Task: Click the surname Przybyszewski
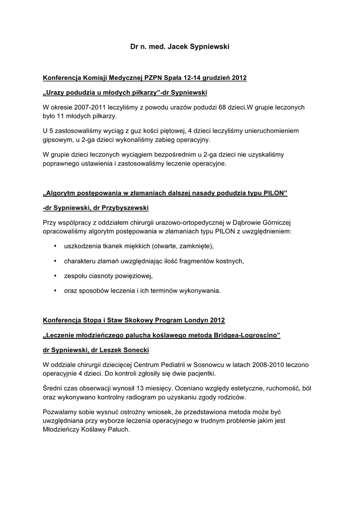pos(122,207)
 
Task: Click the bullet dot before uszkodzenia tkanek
pos(54,246)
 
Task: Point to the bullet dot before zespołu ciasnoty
pos(54,276)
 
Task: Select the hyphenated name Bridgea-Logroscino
pos(247,336)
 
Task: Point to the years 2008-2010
pos(259,365)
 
